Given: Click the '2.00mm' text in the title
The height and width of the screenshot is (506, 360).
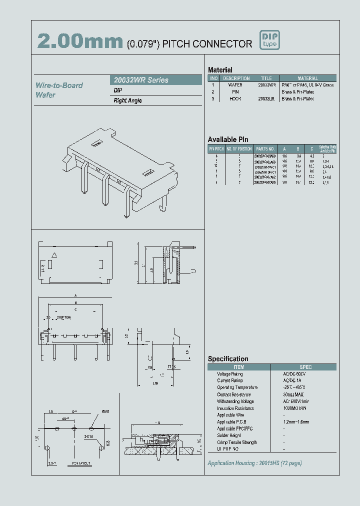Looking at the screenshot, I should point(79,42).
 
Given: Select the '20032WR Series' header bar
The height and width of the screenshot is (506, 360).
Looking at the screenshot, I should point(155,80).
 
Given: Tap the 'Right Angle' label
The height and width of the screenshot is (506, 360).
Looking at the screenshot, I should point(128,100).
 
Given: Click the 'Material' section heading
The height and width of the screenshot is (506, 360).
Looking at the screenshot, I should point(220,70).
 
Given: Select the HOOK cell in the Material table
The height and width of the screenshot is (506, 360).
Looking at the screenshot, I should point(235,99).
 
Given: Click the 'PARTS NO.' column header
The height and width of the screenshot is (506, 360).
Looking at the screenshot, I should point(265,149).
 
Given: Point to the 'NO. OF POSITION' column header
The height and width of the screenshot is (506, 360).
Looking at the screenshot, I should point(239,149).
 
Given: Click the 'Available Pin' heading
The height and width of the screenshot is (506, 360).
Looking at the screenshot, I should point(228,139).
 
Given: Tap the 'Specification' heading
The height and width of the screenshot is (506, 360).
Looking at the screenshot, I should point(228,359).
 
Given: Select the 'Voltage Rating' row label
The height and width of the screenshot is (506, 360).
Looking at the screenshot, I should point(230,374).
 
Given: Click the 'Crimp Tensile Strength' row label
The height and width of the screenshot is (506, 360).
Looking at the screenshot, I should point(237,442).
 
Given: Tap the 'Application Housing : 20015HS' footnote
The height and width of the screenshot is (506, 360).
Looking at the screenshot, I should point(254,463).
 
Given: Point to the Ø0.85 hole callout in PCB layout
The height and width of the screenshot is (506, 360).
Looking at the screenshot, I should point(105,411).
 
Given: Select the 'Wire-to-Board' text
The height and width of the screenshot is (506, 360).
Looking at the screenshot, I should point(59,85).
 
